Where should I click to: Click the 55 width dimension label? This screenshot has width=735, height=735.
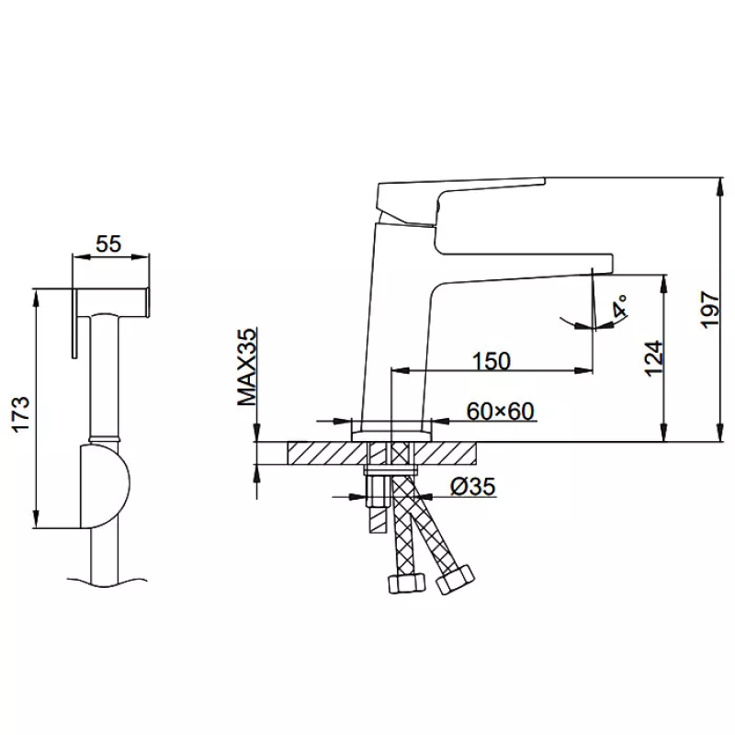(x=108, y=243)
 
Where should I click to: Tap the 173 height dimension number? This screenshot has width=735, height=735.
(x=21, y=414)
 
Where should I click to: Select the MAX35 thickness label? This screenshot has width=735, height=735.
(x=247, y=367)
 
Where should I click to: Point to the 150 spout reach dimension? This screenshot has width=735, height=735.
(x=492, y=361)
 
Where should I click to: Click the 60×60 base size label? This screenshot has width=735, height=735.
(x=500, y=412)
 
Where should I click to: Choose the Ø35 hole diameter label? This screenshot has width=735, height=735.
(x=472, y=487)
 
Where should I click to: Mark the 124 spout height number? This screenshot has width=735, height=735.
(x=654, y=358)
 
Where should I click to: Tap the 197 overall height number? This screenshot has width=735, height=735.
(x=709, y=310)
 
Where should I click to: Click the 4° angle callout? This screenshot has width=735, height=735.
(x=619, y=306)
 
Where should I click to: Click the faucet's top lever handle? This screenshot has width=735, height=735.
(x=461, y=201)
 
